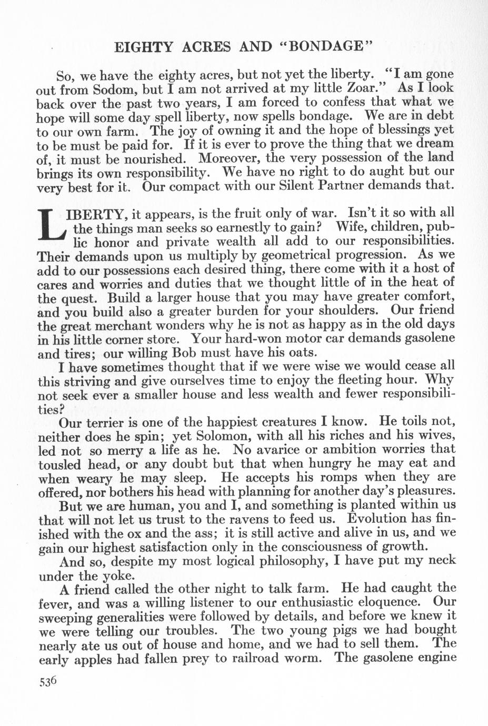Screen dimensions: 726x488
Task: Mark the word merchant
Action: [x=149, y=325]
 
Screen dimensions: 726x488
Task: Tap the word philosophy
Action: [x=286, y=561]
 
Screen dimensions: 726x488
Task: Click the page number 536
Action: [x=47, y=682]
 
